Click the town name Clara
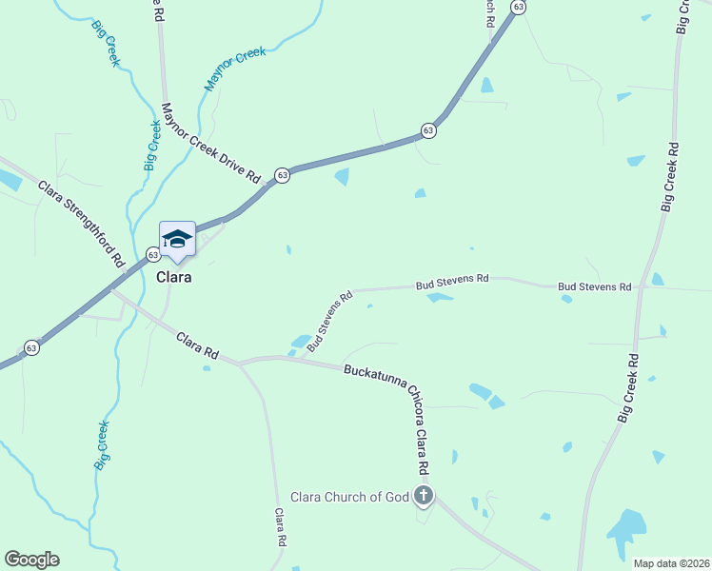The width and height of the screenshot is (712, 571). click(x=174, y=277)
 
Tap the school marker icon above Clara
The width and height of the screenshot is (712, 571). click(x=177, y=239)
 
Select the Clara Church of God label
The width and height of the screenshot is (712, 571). click(x=348, y=497)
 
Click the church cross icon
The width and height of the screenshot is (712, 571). click(x=424, y=495)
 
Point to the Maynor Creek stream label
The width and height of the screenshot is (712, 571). click(x=234, y=69)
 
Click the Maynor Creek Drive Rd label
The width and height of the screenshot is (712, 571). click(x=210, y=143)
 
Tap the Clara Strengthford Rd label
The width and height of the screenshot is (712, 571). click(x=82, y=223)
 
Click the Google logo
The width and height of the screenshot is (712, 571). click(x=31, y=560)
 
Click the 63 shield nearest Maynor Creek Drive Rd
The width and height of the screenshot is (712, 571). click(x=283, y=175)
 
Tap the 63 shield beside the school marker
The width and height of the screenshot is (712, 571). click(x=152, y=255)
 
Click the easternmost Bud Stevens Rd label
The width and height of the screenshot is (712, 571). click(x=595, y=285)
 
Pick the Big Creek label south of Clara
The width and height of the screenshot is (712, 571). click(x=102, y=445)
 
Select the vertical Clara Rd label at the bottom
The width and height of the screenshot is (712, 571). click(x=281, y=526)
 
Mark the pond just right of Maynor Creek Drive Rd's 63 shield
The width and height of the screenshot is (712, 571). click(x=341, y=176)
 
